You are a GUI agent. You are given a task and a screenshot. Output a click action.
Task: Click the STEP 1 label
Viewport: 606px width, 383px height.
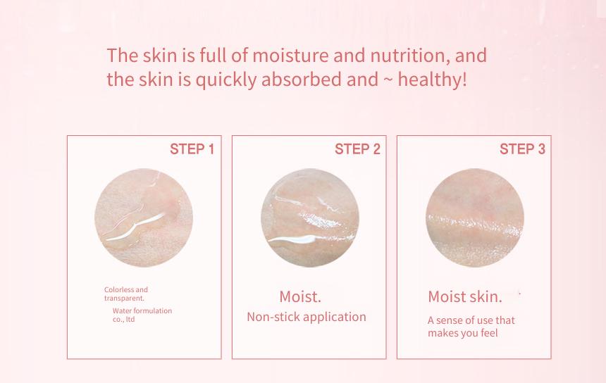tap(192, 149)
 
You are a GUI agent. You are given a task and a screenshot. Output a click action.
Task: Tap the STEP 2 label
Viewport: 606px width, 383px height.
tap(357, 149)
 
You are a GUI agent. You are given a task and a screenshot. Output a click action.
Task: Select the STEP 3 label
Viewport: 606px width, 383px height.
tap(523, 149)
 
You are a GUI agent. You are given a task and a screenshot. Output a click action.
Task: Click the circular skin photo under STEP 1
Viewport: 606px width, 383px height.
tap(144, 218)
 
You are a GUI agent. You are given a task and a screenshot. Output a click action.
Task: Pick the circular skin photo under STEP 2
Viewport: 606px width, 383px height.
tap(310, 218)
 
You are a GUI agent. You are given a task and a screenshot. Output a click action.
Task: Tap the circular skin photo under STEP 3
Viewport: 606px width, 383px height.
tap(475, 218)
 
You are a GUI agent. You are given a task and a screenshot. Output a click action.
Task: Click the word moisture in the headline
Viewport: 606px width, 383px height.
tap(290, 56)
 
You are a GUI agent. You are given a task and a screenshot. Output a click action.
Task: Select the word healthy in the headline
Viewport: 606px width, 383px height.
tap(430, 80)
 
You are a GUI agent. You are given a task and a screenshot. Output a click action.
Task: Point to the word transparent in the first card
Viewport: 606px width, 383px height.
tap(124, 298)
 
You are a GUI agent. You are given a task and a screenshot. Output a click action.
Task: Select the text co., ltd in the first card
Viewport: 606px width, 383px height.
tap(124, 320)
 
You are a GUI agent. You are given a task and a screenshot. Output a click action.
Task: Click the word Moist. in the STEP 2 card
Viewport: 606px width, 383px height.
tap(300, 297)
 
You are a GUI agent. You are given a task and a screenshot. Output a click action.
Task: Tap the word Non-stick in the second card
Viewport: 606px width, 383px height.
tap(273, 317)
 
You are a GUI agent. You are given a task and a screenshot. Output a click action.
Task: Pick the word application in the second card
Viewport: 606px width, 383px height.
tap(335, 318)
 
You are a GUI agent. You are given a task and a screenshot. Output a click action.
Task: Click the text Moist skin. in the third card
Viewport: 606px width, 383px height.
tap(465, 297)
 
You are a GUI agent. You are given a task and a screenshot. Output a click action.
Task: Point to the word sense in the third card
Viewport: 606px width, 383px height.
tap(449, 320)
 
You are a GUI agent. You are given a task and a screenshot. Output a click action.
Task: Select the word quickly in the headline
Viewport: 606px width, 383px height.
tap(226, 80)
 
